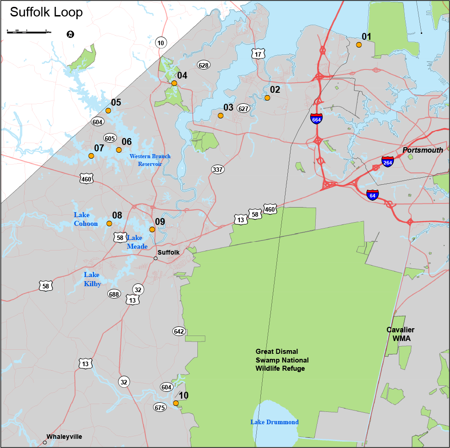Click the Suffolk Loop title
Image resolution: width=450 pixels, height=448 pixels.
tap(46, 12)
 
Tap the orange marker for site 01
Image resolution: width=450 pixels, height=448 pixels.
tap(359, 45)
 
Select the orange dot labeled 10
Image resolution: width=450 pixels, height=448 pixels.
tap(176, 403)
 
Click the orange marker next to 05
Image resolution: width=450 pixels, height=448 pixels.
tap(108, 111)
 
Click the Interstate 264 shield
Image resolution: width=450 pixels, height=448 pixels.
tap(387, 161)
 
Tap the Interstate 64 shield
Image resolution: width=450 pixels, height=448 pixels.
tap(372, 195)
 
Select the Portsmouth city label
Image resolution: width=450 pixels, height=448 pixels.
tap(423, 150)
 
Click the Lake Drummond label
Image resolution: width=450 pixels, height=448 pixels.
tap(274, 422)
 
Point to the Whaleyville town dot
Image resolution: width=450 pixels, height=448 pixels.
tap(45, 442)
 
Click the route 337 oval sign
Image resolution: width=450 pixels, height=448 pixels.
tap(217, 170)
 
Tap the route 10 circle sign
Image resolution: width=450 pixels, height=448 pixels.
tap(160, 43)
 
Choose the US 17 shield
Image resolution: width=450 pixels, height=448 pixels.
tap(258, 54)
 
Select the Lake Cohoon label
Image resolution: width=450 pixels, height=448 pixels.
tap(86, 219)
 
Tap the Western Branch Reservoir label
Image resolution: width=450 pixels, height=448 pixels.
tap(150, 160)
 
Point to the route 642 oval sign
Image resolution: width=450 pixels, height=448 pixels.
tap(179, 331)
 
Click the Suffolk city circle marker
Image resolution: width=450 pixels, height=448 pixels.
tap(155, 258)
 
